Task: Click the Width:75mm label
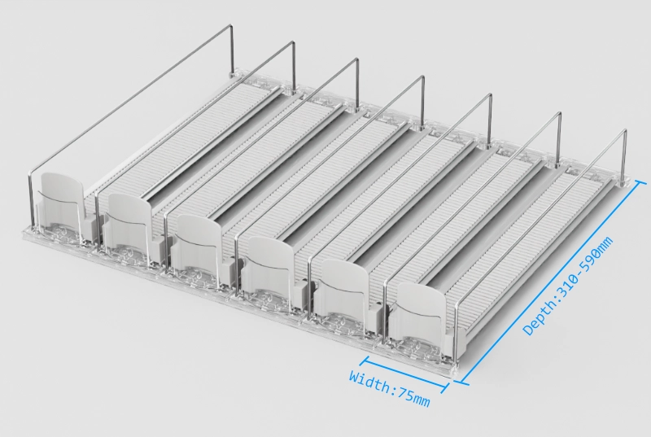coord(390,389)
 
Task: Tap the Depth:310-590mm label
coord(567,286)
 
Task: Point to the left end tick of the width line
coord(365,360)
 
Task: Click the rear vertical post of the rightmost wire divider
coord(625,155)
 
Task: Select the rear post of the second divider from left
coord(293,66)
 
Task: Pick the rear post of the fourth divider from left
coord(423,101)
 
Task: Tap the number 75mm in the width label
coord(414,396)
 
